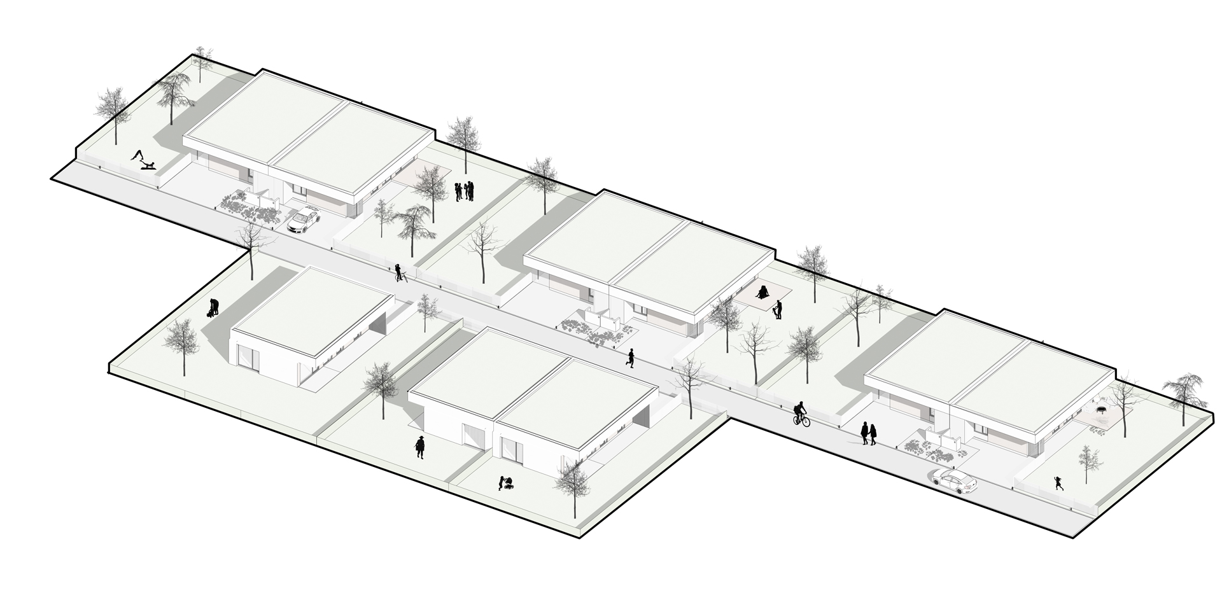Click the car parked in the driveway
[303, 219]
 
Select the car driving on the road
[953, 482]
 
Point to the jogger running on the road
[630, 358]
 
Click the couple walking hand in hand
[869, 433]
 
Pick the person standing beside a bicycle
[398, 273]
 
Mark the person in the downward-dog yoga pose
[137, 156]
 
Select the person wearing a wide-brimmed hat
[419, 447]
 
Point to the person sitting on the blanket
[762, 293]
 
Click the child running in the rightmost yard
[1058, 484]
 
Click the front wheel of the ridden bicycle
[806, 421]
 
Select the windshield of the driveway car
[309, 214]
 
